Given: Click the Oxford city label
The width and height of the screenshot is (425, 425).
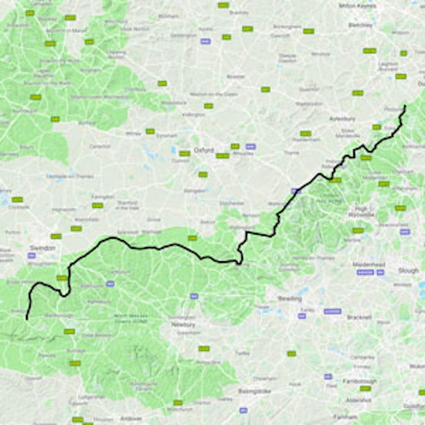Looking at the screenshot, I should pos(203,150).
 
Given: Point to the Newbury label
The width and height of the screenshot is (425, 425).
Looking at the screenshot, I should pos(183,325).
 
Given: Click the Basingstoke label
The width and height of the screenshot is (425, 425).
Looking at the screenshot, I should pos(255,391).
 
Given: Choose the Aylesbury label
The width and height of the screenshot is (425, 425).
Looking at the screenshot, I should pos(342,118).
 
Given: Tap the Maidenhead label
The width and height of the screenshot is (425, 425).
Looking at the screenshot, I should pos(368,265).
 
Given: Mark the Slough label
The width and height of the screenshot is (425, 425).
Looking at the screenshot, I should pos(408,270).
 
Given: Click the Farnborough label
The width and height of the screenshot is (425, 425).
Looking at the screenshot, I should pos(359,381).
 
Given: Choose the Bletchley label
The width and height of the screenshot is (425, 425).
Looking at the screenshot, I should pos(361,25).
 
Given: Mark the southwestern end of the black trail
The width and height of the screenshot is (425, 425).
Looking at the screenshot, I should pos(27,319).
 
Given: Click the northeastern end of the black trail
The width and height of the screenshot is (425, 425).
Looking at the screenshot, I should pos(405,106).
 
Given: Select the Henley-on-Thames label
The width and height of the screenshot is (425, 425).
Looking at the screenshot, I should pos(302,258).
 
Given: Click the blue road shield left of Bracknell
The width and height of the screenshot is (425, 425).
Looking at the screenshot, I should pos(302,316).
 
